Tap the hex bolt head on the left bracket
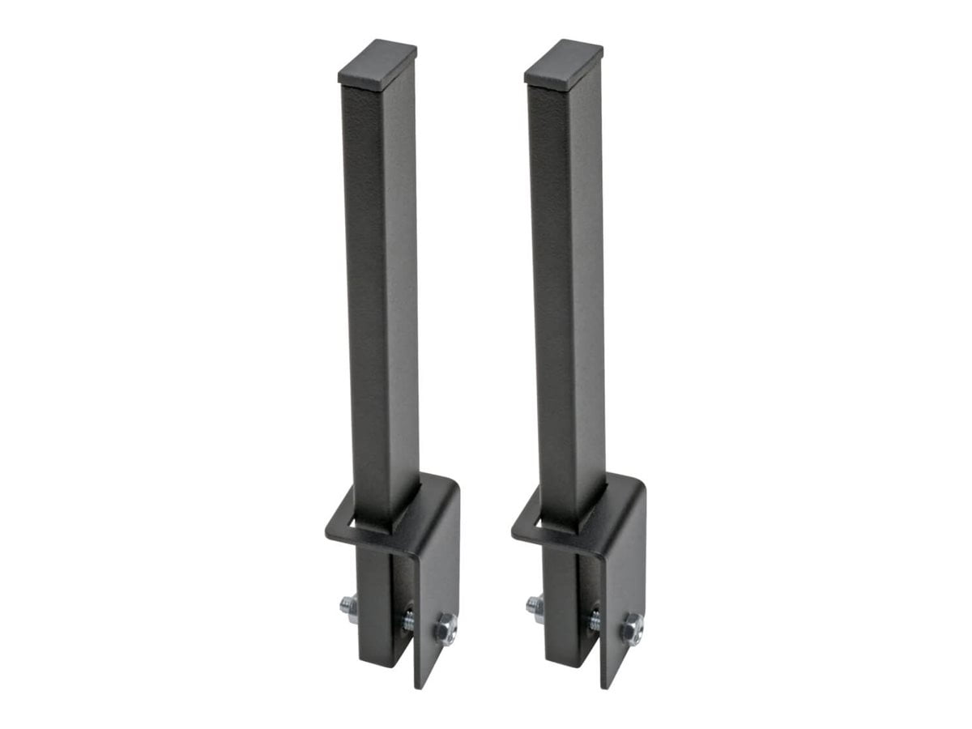click(445, 629)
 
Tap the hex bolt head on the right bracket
click(632, 629)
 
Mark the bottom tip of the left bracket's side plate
click(420, 684)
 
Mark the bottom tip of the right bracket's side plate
click(606, 684)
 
